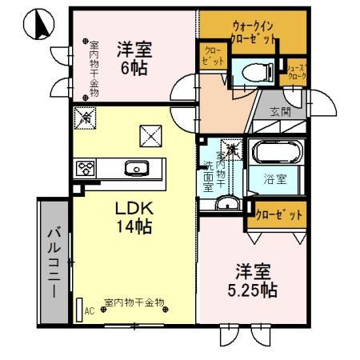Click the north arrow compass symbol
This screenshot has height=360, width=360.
pyautogui.click(x=36, y=26)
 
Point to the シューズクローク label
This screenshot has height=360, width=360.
pyautogui.click(x=296, y=72)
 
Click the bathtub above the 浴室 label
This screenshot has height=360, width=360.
pyautogui.click(x=274, y=152)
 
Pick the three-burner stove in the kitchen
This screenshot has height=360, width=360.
pyautogui.click(x=86, y=169)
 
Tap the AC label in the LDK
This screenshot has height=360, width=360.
pyautogui.click(x=89, y=310)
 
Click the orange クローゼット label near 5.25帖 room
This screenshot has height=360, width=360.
pyautogui.click(x=279, y=214)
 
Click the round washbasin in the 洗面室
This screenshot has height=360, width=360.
pyautogui.click(x=226, y=202)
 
